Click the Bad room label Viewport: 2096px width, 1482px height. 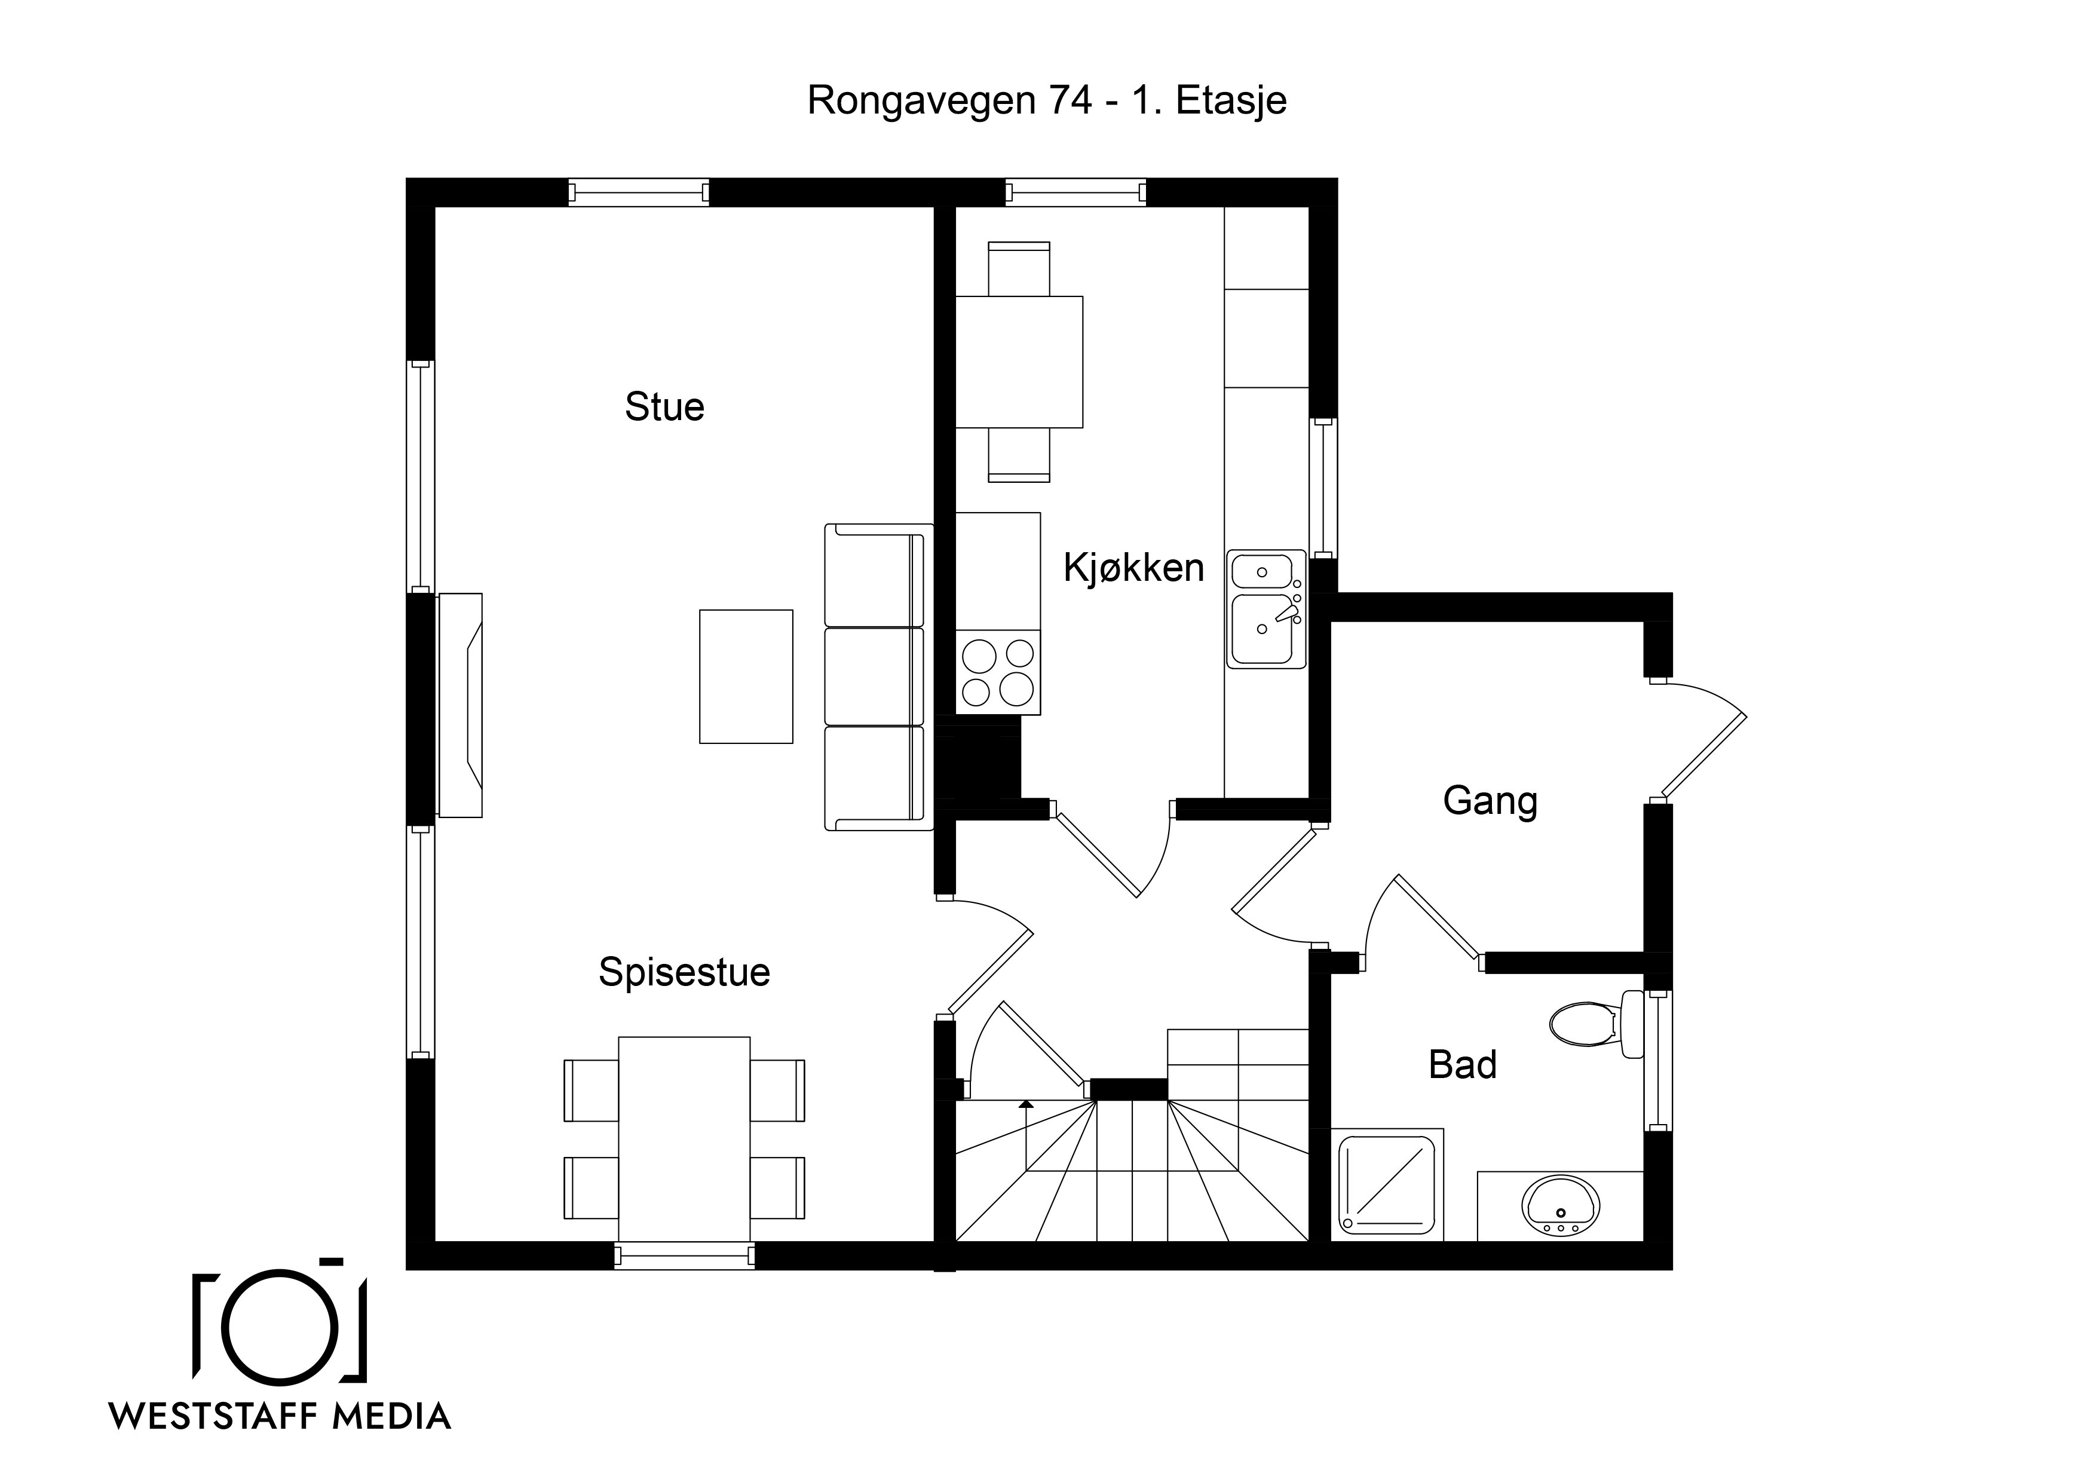click(1463, 1065)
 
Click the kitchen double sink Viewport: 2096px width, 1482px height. click(1265, 608)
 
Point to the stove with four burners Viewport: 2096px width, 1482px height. click(998, 672)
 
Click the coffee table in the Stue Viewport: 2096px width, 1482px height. click(746, 676)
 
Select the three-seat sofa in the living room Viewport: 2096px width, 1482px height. click(878, 676)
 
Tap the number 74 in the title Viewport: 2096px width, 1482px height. click(1071, 100)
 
